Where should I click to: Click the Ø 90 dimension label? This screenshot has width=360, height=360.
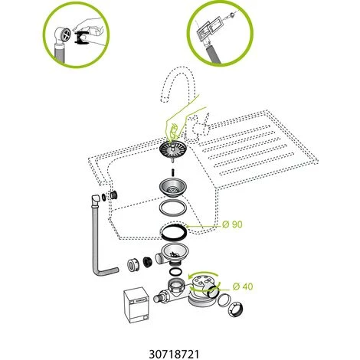232,224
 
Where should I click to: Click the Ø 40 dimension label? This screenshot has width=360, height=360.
243,286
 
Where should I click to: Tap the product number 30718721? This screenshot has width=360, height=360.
174,354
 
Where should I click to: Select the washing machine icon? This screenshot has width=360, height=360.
136,305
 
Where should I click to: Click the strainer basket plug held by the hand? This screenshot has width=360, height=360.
173,150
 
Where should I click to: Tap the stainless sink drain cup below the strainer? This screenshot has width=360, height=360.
173,188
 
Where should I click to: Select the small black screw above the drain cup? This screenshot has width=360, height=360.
173,172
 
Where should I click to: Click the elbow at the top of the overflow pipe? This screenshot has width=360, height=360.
96,200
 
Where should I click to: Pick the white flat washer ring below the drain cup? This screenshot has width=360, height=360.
173,208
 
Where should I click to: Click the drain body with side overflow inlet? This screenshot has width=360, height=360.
171,254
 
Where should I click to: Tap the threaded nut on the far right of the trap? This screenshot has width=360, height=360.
235,309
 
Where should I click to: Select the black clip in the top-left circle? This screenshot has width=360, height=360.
82,38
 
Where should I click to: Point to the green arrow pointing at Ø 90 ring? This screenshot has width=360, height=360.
204,226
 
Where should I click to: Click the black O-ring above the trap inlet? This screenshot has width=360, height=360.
175,272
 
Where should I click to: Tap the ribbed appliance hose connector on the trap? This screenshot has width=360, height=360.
160,297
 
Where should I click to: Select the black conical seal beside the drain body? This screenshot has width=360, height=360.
148,262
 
